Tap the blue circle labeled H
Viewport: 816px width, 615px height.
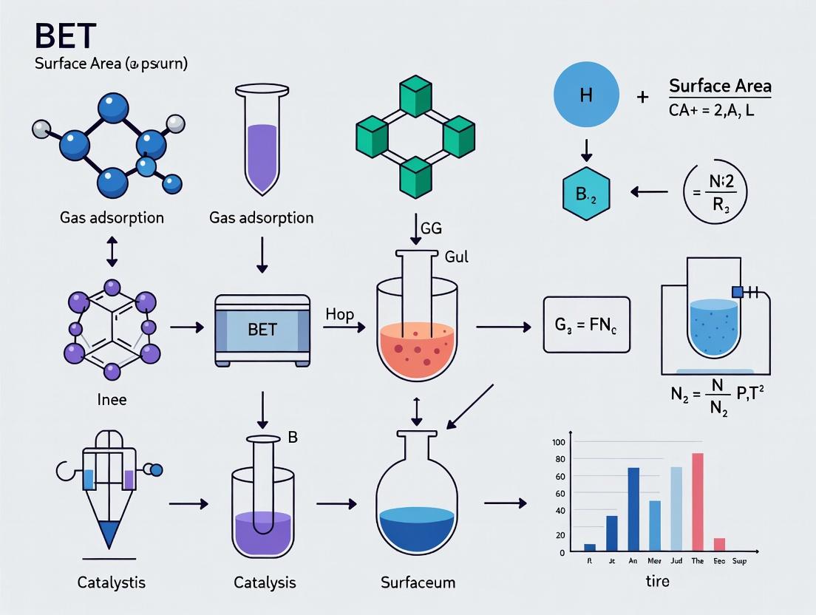pos(586,96)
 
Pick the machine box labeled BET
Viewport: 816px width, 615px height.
pos(262,330)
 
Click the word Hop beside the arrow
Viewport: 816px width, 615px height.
pos(339,315)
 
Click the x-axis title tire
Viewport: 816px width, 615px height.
pos(656,581)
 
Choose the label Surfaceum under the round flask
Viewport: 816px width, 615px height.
pos(418,582)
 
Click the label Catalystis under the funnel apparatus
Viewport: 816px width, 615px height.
pos(111,582)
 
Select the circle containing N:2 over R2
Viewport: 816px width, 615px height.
pos(714,191)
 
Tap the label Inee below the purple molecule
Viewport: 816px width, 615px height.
pos(112,400)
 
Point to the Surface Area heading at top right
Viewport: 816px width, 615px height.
pos(719,86)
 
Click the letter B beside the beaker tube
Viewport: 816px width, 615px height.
pos(292,438)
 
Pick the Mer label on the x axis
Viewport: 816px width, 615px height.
pos(654,561)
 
